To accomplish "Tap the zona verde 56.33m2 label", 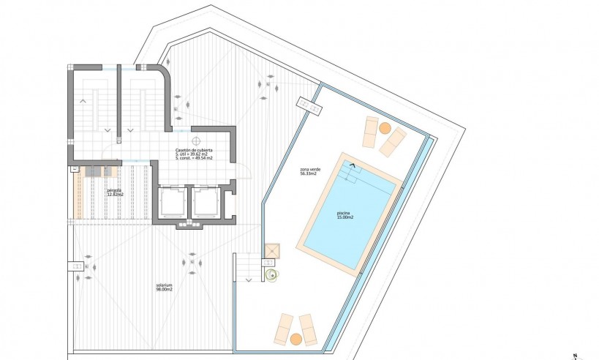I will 309,172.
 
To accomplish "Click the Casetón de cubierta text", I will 194,149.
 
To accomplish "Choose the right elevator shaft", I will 206,201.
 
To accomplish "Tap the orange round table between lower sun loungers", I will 295,339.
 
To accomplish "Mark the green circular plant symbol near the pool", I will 272,276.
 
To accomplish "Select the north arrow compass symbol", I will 576,354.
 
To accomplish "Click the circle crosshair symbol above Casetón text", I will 196,138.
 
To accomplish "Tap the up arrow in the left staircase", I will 83,100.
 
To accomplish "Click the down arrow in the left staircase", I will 108,130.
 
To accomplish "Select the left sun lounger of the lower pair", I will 283,329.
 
